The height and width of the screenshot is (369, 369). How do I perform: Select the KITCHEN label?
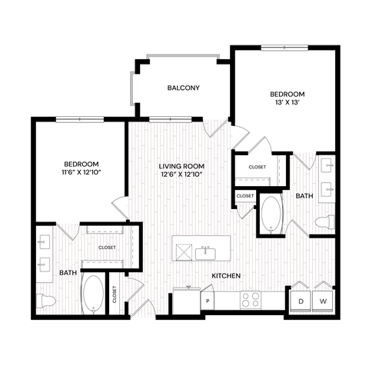coord(228,275)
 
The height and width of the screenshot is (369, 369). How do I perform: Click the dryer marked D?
coord(301,301)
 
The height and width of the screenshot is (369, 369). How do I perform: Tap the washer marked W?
coord(324,301)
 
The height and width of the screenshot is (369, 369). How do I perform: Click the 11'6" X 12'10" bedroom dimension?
coord(80,174)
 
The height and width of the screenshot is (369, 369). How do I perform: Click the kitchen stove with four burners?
coord(251,300)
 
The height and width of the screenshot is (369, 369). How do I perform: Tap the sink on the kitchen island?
coord(204,253)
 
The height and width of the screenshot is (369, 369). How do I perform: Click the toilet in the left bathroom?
coord(48,301)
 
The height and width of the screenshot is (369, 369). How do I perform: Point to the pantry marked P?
coord(208,301)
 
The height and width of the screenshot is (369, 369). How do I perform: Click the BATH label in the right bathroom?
coord(304,196)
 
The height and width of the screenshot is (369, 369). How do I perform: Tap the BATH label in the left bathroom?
coord(68,272)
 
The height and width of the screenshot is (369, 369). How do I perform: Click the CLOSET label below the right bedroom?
coord(257,167)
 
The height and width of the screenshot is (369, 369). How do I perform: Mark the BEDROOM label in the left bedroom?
coord(80,165)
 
